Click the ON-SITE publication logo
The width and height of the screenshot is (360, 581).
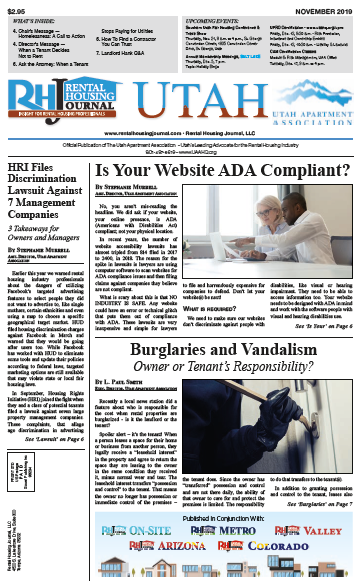[165, 536]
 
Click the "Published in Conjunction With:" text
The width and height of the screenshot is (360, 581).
[236, 519]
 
